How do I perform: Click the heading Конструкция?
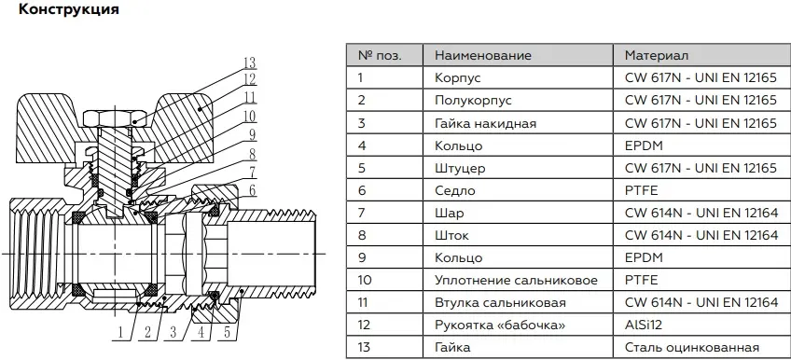69,9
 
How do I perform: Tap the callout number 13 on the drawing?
250,63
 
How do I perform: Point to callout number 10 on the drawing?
250,117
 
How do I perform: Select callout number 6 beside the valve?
252,190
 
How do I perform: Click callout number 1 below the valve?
120,332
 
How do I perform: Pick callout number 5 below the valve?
228,332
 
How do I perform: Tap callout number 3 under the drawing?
173,332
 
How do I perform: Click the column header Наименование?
483,55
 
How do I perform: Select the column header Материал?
657,55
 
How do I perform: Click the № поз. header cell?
380,55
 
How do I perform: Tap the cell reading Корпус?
458,77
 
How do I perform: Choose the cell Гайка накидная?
485,123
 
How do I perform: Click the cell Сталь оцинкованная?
691,347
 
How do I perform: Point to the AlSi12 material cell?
644,325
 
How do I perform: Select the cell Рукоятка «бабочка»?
500,325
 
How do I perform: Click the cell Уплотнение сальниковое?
516,281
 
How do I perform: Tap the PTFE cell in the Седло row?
641,190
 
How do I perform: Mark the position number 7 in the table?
361,213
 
